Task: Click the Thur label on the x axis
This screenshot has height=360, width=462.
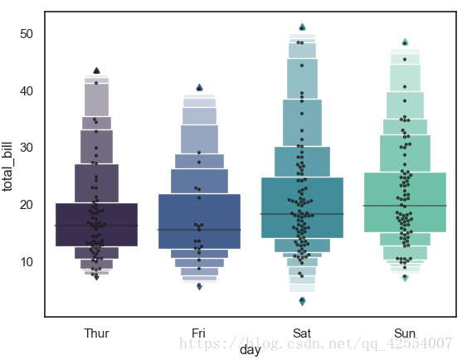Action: click(96, 333)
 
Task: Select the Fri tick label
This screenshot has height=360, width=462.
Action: click(199, 333)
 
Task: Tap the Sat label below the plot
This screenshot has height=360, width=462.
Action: click(302, 333)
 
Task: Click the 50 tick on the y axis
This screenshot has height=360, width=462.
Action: click(27, 34)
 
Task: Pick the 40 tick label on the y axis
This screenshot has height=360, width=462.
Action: click(27, 90)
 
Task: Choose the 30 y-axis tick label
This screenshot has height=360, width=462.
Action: click(27, 148)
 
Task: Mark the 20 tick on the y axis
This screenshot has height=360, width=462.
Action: click(27, 204)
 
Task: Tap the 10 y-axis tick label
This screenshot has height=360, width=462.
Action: click(27, 261)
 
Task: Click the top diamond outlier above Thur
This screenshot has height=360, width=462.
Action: click(97, 71)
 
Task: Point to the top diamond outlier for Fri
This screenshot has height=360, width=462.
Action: click(199, 87)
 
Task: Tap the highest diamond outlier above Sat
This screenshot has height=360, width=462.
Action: click(302, 27)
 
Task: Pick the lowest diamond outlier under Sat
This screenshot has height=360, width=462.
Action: click(302, 300)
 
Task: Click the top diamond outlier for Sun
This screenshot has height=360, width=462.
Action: click(405, 41)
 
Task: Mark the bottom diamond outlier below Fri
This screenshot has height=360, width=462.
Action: click(199, 286)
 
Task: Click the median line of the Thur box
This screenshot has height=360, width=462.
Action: click(96, 226)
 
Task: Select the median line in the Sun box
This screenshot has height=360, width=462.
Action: click(405, 205)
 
